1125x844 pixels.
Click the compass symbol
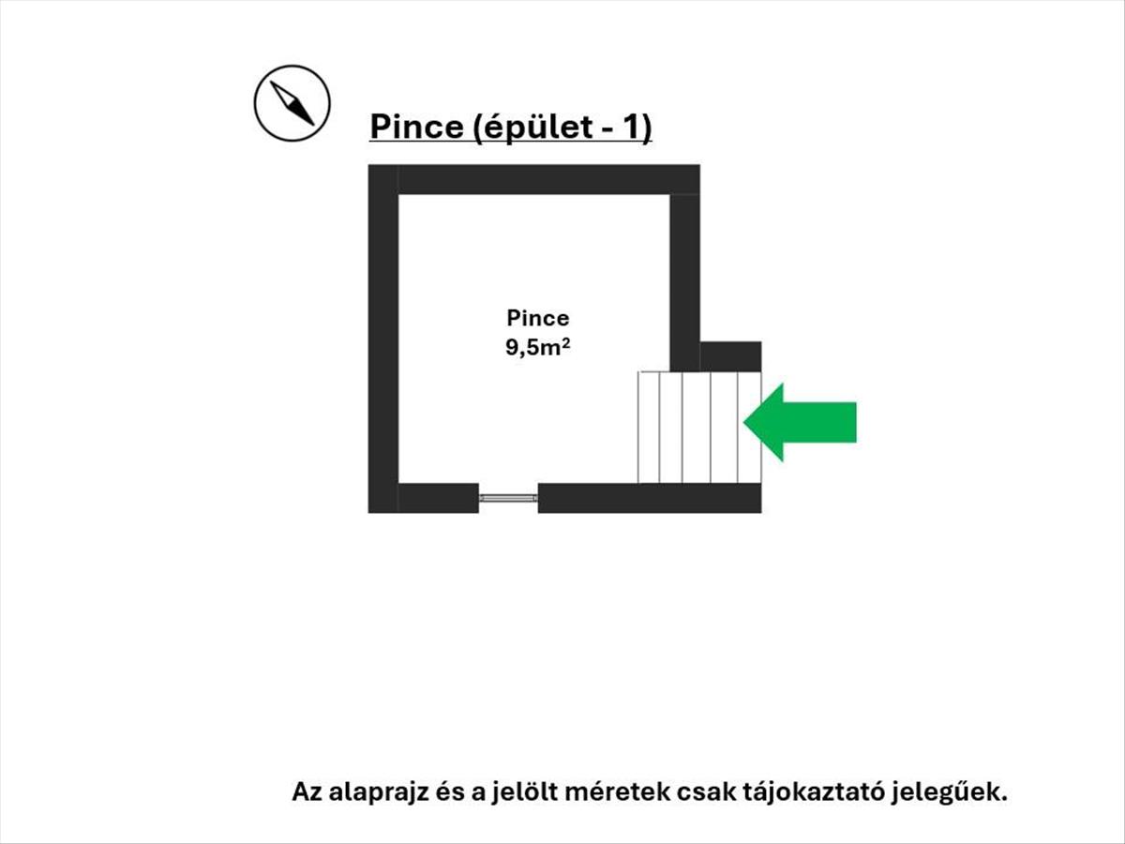click(292, 103)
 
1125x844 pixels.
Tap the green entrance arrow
click(800, 422)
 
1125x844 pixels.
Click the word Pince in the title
click(416, 127)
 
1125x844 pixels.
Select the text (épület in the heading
click(530, 128)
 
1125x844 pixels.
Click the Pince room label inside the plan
click(537, 318)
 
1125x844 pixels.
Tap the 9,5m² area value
click(537, 347)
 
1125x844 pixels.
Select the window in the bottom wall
click(508, 498)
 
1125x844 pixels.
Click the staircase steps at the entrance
click(699, 428)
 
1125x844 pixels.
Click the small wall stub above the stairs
click(731, 356)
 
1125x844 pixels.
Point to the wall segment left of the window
click(439, 498)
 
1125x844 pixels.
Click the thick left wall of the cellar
click(383, 339)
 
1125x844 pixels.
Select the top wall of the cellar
click(534, 179)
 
